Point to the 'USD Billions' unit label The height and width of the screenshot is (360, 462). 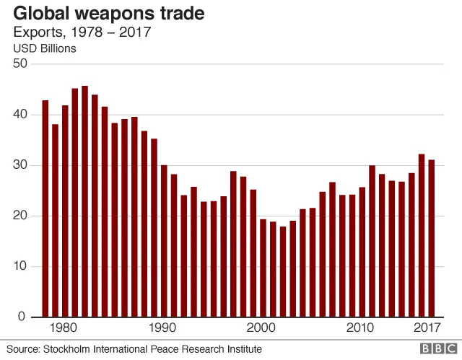point(45,49)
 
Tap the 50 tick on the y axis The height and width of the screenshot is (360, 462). point(19,63)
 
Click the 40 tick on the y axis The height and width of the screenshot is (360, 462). point(19,115)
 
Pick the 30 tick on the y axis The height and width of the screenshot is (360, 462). point(19,165)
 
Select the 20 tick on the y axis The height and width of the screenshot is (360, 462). point(19,216)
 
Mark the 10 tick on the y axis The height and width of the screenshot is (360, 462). point(19,266)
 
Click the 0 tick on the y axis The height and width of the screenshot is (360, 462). point(22,317)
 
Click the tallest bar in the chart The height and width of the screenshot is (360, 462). point(84,202)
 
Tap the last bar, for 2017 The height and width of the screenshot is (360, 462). point(431,239)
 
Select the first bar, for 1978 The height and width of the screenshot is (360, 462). point(45,209)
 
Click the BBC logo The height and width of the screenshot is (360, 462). point(434,349)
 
